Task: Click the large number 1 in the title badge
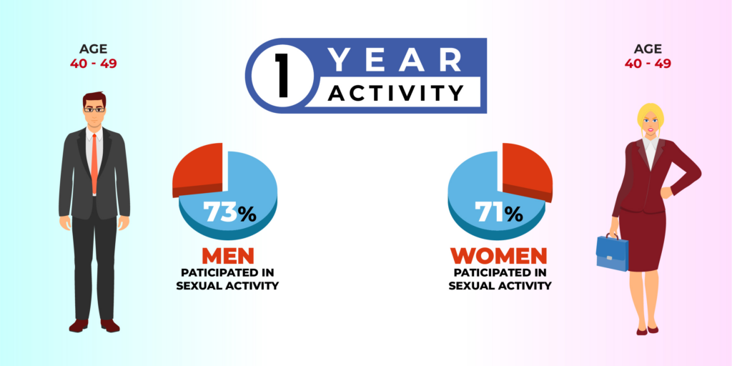pyautogui.click(x=282, y=76)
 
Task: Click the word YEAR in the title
pyautogui.click(x=395, y=60)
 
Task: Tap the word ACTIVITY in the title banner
pyautogui.click(x=395, y=93)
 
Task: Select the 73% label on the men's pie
pyautogui.click(x=229, y=213)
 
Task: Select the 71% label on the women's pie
pyautogui.click(x=498, y=213)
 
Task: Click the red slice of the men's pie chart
pyautogui.click(x=197, y=168)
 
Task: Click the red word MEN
pyautogui.click(x=228, y=256)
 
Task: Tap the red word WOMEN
pyautogui.click(x=498, y=256)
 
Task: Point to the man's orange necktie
pyautogui.click(x=94, y=164)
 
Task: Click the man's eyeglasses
pyautogui.click(x=94, y=109)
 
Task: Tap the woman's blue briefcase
pyautogui.click(x=612, y=252)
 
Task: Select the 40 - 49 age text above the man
pyautogui.click(x=94, y=64)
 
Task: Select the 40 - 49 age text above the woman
pyautogui.click(x=648, y=64)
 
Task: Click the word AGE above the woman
pyautogui.click(x=648, y=49)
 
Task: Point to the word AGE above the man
pyautogui.click(x=94, y=49)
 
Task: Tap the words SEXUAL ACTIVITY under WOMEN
pyautogui.click(x=500, y=285)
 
